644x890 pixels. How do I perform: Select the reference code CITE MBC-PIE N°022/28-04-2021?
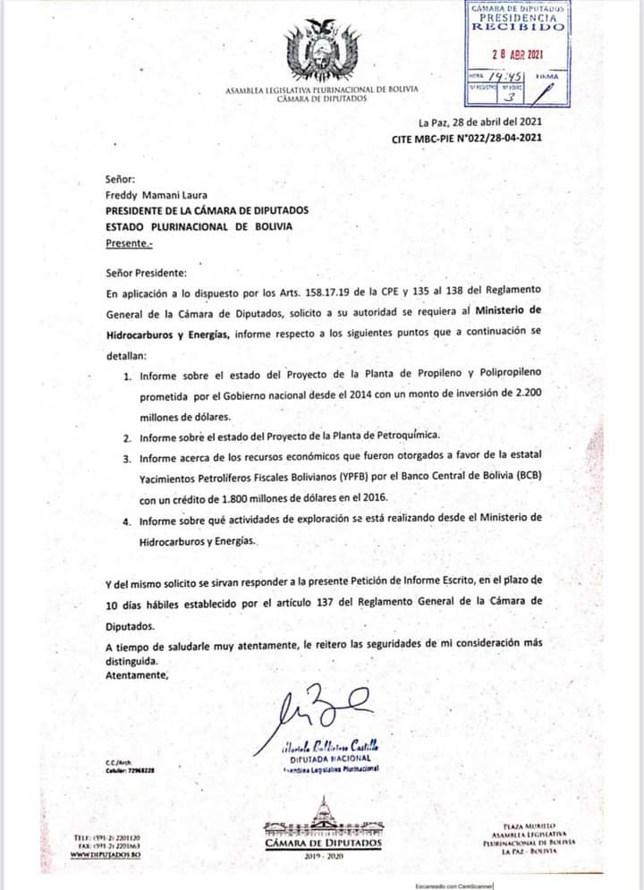coord(466,139)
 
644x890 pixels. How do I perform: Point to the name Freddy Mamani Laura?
coord(157,194)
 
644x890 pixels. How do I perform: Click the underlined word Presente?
coord(129,242)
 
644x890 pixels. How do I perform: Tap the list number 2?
coord(129,438)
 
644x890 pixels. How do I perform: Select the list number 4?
coord(129,521)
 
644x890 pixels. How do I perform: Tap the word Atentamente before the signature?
coord(137,675)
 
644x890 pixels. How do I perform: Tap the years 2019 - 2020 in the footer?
coord(323,856)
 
